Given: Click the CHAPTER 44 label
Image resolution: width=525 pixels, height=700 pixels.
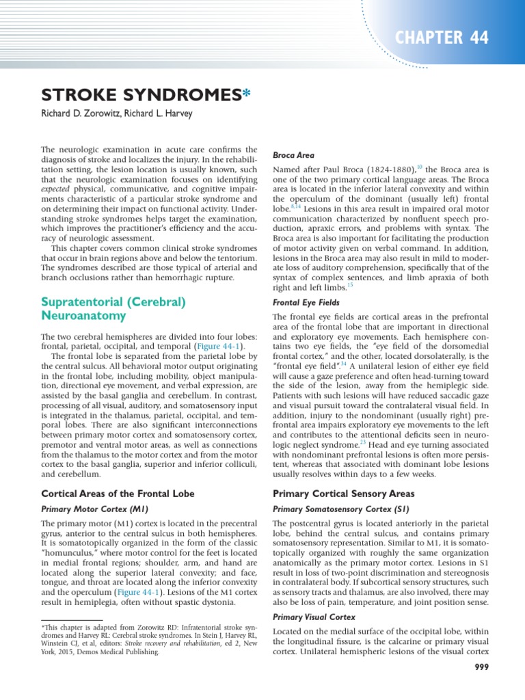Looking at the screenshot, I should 449,38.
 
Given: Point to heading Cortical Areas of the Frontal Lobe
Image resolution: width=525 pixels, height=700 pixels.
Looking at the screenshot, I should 118,494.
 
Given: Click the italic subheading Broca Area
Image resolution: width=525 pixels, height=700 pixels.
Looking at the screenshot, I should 293,155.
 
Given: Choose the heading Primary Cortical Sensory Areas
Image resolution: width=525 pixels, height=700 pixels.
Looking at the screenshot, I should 344,494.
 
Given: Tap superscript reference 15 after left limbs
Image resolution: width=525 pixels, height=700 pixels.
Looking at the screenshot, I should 350,284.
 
